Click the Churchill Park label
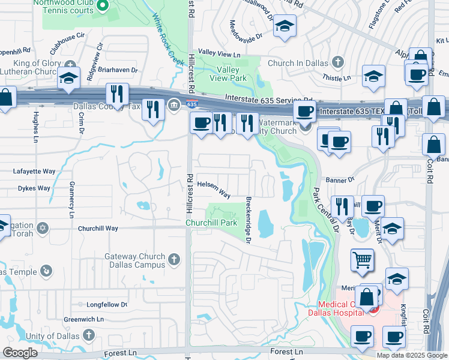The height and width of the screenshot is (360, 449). pyautogui.click(x=212, y=223)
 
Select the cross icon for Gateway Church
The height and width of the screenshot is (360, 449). pyautogui.click(x=174, y=259)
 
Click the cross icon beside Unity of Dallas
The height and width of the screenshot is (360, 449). pyautogui.click(x=89, y=334)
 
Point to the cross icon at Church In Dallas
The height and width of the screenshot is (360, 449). pyautogui.click(x=338, y=61)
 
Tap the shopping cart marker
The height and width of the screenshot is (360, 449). pyautogui.click(x=362, y=260)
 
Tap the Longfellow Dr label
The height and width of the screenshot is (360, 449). pyautogui.click(x=107, y=305)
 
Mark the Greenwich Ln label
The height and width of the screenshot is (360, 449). pyautogui.click(x=80, y=319)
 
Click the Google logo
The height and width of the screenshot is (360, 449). pyautogui.click(x=20, y=353)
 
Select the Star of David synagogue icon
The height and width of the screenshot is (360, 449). pyautogui.click(x=42, y=228)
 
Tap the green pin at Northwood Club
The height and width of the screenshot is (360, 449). pyautogui.click(x=102, y=6)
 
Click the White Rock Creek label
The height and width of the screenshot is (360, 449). pyautogui.click(x=167, y=41)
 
